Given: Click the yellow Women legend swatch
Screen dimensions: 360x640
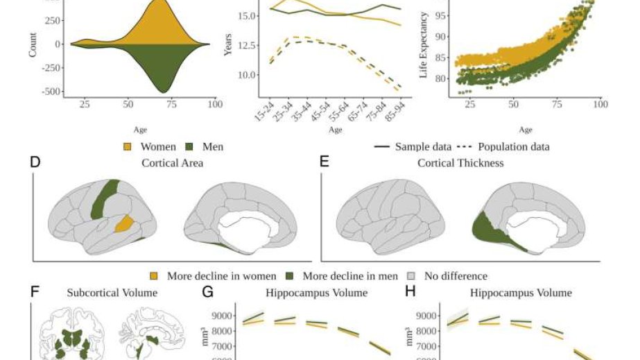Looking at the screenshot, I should pos(128,146).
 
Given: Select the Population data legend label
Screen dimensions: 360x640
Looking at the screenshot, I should pos(514,146).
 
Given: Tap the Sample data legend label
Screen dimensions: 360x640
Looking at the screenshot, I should pos(424,146).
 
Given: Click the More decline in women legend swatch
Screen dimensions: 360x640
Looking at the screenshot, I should pos(155,276).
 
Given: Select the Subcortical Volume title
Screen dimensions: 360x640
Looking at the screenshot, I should pos(112,293).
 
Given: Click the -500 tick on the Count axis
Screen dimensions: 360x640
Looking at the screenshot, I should pos(51,91).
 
